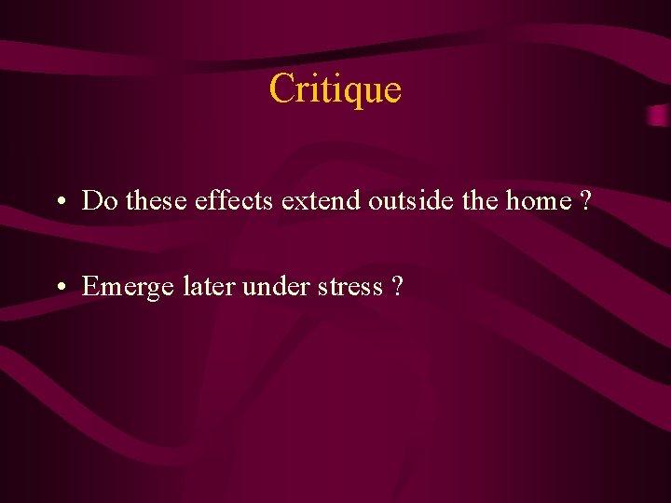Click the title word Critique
click(335, 89)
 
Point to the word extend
click(322, 200)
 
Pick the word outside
click(407, 200)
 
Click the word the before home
click(478, 200)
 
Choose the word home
click(537, 200)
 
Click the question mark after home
click(584, 200)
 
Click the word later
click(209, 287)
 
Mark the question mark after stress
click(398, 287)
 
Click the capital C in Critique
click(281, 89)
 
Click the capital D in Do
click(91, 200)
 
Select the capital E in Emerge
click(90, 287)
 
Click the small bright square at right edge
click(658, 116)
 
